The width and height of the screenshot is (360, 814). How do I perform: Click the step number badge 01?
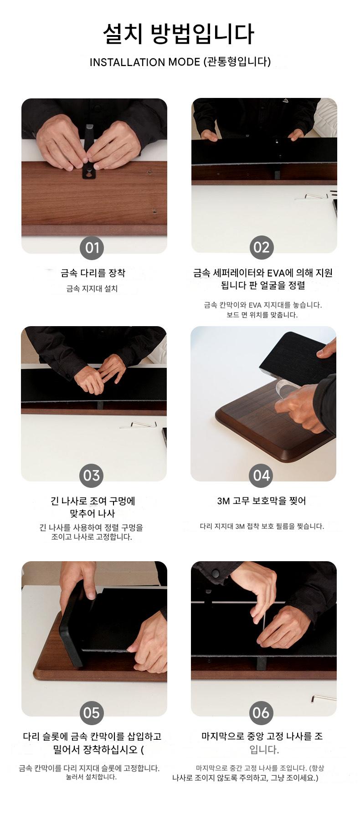pos(92,247)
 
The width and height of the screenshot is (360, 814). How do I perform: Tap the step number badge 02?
pos(262,247)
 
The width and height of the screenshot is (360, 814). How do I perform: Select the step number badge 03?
pos(92,476)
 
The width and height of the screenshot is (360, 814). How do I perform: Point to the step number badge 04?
pos(262,476)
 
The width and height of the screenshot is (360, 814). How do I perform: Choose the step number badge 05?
pos(92,713)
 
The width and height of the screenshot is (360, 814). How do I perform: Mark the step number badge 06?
pos(262,713)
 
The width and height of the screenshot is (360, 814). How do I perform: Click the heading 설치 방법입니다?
pos(178,34)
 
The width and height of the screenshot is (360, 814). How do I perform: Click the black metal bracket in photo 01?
pos(89,155)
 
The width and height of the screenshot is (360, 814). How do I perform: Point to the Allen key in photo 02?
pos(311,197)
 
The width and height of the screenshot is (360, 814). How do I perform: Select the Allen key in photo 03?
pos(139,425)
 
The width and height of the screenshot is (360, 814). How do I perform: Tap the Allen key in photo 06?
pos(324,697)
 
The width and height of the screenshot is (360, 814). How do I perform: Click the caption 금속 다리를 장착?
pos(93,273)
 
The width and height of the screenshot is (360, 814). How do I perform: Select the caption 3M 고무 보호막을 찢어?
pos(262,501)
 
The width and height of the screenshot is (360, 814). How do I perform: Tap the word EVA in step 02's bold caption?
pos(276,273)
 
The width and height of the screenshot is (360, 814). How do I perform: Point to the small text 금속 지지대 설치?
pos(92,289)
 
